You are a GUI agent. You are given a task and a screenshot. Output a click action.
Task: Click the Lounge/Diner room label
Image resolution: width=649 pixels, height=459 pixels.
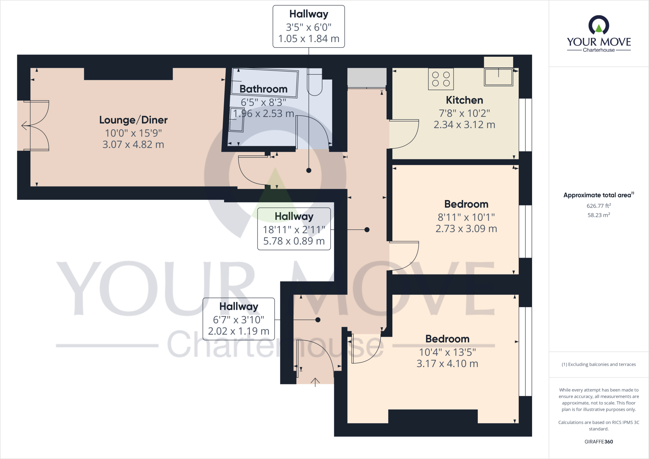click(x=133, y=120)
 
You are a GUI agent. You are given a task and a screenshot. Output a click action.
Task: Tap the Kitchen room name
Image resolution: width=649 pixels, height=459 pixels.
click(x=464, y=100)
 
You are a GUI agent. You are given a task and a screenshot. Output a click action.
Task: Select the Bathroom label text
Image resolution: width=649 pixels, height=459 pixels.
click(x=263, y=89)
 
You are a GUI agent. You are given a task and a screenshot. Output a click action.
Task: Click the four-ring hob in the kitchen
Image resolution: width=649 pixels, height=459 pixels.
click(x=441, y=79)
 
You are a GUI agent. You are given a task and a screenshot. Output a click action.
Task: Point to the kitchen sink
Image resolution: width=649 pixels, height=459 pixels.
click(x=498, y=77)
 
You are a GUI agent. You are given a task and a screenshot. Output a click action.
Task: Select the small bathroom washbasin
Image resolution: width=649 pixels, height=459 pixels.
click(x=236, y=119)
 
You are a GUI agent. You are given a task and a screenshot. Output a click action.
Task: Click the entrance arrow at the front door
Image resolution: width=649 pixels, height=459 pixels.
click(x=315, y=382)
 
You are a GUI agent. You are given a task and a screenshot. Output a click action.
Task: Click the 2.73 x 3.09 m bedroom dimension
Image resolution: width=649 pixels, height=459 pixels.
click(x=466, y=229)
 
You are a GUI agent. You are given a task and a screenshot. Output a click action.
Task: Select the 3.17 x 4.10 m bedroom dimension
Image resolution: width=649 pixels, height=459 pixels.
click(x=447, y=364)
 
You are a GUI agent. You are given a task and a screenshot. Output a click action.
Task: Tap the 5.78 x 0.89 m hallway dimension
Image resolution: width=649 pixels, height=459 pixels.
click(x=294, y=241)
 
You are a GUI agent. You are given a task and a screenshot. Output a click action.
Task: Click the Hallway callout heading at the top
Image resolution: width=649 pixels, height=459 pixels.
click(x=309, y=14)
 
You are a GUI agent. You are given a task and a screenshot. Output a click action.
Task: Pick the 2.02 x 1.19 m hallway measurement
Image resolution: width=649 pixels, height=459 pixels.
click(x=238, y=331)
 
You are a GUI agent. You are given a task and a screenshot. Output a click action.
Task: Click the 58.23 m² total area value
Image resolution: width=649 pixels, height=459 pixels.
click(x=599, y=215)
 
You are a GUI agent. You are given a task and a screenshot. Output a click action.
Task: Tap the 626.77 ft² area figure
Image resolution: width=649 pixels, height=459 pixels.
click(x=599, y=206)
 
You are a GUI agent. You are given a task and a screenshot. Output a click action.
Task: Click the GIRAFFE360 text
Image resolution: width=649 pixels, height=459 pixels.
click(x=599, y=442)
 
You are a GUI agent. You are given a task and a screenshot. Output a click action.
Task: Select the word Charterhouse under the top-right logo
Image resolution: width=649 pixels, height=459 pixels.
click(x=599, y=50)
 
